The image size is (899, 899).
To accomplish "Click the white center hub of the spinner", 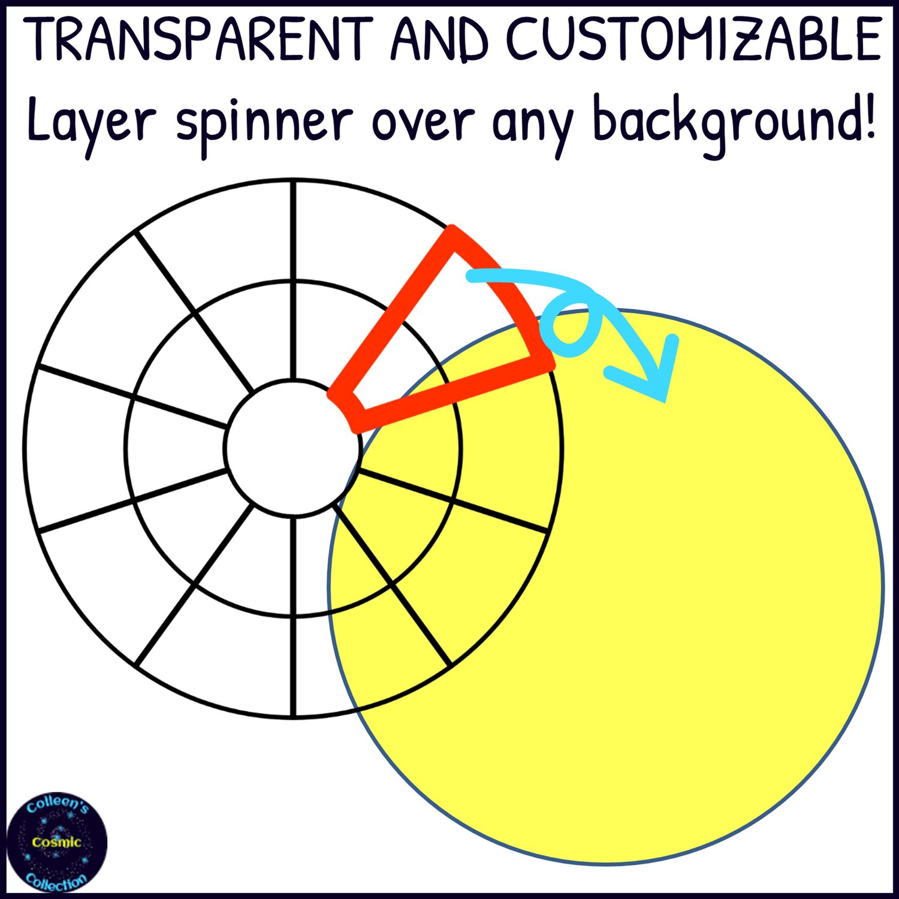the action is [x=293, y=448].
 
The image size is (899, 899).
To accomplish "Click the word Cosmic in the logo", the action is [x=57, y=842].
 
